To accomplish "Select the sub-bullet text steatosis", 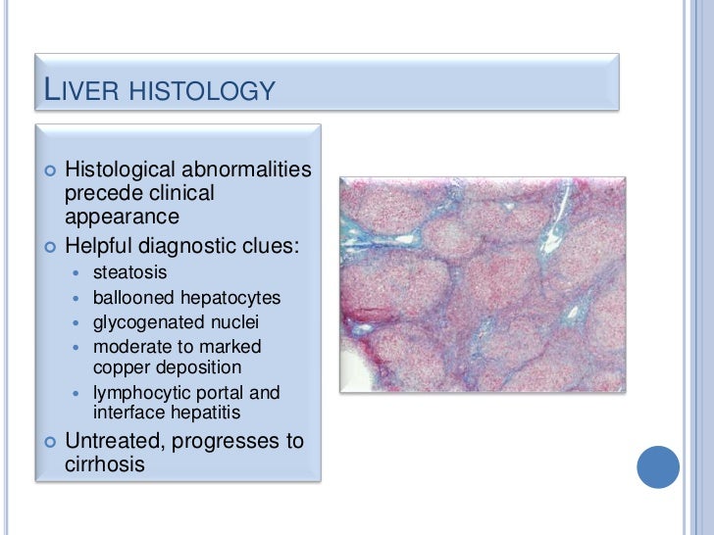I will [129, 272].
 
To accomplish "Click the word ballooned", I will [135, 297].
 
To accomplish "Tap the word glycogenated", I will [146, 321].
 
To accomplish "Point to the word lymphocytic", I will [140, 393].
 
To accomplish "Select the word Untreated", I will [114, 441].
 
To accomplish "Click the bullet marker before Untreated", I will [49, 442].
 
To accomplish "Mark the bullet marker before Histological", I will [49, 171].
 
